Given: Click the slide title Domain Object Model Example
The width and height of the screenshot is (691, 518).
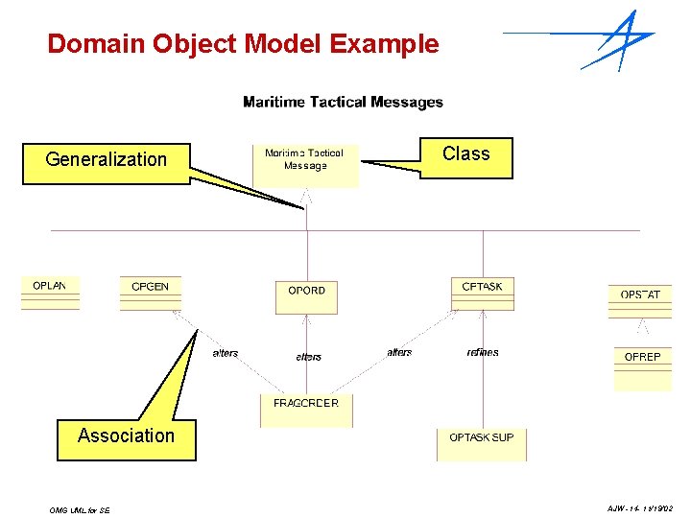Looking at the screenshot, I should point(243,44).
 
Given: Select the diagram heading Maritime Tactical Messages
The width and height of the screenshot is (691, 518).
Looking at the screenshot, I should point(343,102).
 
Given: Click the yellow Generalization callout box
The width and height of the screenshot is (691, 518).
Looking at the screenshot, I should point(107,160).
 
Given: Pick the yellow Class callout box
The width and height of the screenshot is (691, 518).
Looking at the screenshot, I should point(465,155).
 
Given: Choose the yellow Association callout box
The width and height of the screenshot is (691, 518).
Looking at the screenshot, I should point(126,436).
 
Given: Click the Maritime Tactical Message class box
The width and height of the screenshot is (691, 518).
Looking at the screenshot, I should point(305,164).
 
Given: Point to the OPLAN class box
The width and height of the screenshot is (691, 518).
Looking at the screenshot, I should point(50,293).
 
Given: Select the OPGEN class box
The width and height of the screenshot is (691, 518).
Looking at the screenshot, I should point(150,293).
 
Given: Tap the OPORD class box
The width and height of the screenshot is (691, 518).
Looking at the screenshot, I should point(307,295).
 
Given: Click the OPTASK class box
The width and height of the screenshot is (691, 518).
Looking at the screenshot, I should point(482,293).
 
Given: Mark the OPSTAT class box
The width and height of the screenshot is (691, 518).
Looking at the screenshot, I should point(640,300).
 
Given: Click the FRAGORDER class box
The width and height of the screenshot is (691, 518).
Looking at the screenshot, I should point(306,411).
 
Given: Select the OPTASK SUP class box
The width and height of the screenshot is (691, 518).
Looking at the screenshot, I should point(482,444).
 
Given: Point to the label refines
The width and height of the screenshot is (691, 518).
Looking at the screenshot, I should point(483,352).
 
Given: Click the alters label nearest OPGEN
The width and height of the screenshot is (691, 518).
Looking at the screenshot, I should point(226,353).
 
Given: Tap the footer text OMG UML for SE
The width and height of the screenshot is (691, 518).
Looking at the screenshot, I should point(80,510).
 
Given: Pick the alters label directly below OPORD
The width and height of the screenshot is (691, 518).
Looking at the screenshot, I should point(309,357).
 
